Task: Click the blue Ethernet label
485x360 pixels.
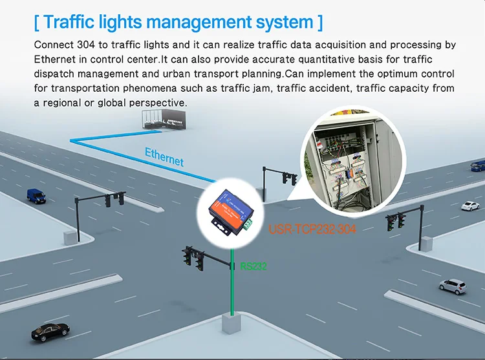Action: click(164, 157)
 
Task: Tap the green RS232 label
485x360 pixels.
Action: click(253, 266)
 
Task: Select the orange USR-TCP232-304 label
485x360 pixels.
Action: click(312, 229)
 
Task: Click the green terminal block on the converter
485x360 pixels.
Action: click(248, 223)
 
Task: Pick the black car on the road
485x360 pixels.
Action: click(50, 330)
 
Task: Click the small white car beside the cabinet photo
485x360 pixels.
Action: click(470, 206)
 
